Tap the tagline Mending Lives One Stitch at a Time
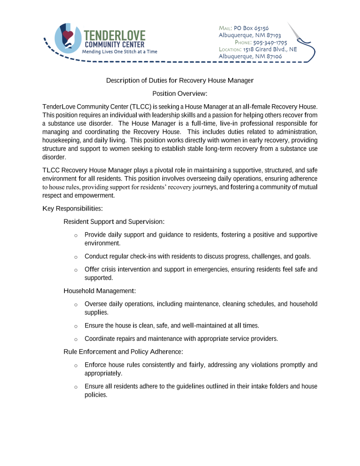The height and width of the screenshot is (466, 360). [119, 51]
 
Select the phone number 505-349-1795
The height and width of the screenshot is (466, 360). [270, 42]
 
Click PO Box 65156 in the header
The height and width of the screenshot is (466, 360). [251, 28]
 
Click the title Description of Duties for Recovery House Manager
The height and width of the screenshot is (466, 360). [179, 81]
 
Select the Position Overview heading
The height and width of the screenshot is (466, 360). [179, 94]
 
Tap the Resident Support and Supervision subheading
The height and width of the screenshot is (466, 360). [114, 222]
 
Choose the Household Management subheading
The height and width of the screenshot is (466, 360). [100, 290]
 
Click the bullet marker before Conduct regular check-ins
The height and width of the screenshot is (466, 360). [76, 257]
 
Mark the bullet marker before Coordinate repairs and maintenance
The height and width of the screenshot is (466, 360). [76, 339]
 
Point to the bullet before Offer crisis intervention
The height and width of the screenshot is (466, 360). [76, 270]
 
